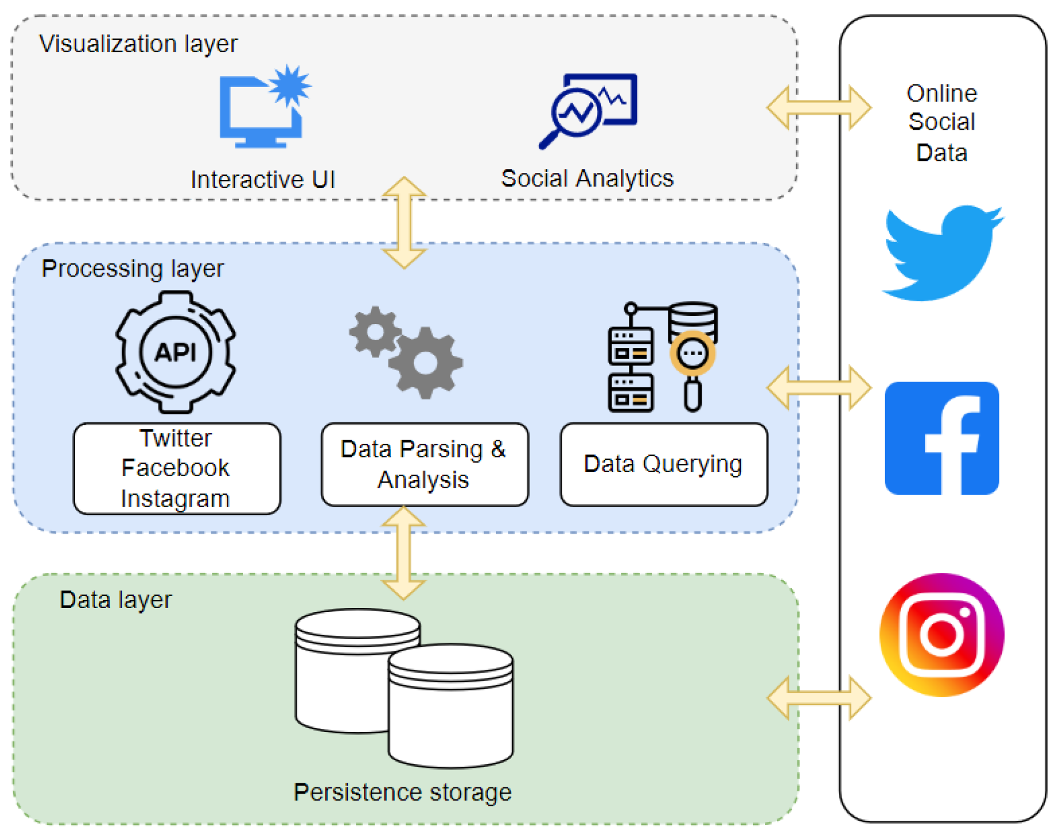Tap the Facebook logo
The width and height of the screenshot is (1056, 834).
(941, 438)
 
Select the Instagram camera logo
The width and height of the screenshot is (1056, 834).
(941, 635)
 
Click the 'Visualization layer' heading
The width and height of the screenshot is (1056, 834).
(138, 44)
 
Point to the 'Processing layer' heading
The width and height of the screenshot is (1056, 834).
(132, 269)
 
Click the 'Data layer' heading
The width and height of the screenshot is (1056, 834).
(115, 600)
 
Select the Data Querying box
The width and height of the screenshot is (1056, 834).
(663, 465)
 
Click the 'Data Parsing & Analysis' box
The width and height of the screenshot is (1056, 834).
(424, 465)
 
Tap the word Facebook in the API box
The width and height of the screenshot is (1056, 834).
(176, 468)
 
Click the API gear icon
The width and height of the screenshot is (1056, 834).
(176, 352)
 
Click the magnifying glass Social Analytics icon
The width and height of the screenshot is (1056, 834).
(588, 110)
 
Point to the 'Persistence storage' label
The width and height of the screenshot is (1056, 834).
(402, 793)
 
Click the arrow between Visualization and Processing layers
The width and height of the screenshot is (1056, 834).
(404, 222)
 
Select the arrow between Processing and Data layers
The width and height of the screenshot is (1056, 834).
(404, 553)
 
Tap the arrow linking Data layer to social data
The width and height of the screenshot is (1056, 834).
(819, 698)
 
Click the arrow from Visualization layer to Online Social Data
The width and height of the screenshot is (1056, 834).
(819, 108)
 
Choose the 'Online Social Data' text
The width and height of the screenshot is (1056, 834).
(941, 123)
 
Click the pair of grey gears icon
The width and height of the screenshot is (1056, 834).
(407, 352)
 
